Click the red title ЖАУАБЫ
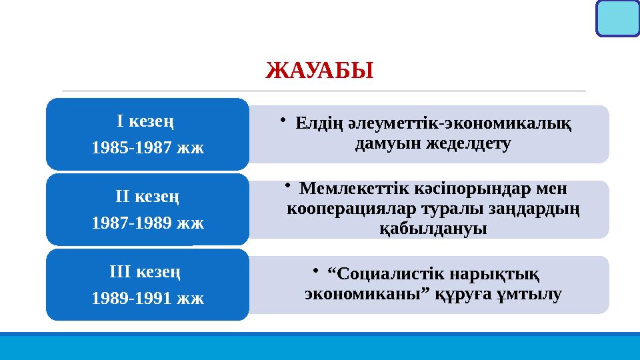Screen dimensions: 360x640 319,69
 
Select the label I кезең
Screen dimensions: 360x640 147,122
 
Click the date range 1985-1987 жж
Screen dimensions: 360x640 147,147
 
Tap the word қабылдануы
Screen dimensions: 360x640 433,228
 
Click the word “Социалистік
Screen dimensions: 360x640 376,273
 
